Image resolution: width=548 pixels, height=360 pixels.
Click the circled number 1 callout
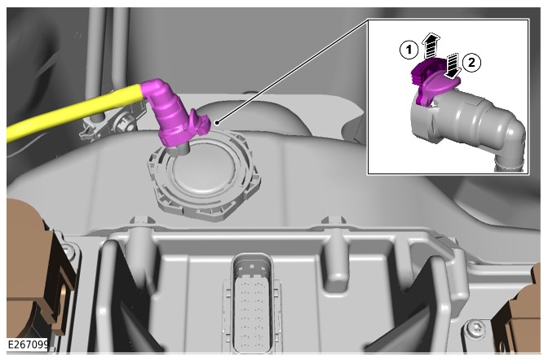point(409,50)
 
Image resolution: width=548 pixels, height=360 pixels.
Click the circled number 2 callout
point(472,63)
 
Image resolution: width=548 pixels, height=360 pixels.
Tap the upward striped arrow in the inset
point(431,46)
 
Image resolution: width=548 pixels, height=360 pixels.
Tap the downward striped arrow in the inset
point(453,65)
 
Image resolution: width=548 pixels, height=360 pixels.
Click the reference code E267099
point(28,345)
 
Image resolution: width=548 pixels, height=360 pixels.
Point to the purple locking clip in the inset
point(433,81)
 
